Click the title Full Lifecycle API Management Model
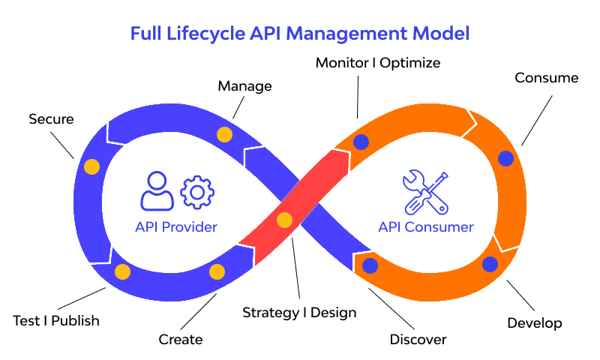[300, 34]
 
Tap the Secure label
[51, 118]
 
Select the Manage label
[244, 86]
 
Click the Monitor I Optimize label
[377, 61]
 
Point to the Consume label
[546, 78]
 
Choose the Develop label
[534, 323]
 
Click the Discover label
[418, 339]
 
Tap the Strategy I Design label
[299, 312]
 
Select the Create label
[180, 339]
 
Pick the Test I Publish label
[56, 321]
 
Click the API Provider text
[176, 227]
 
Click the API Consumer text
[425, 227]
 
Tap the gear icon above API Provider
[198, 192]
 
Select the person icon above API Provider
[157, 191]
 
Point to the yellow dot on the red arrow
[284, 220]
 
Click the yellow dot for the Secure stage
[91, 167]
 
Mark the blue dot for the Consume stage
[505, 159]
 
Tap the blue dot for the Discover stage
[370, 265]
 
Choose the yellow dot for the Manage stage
[224, 135]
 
